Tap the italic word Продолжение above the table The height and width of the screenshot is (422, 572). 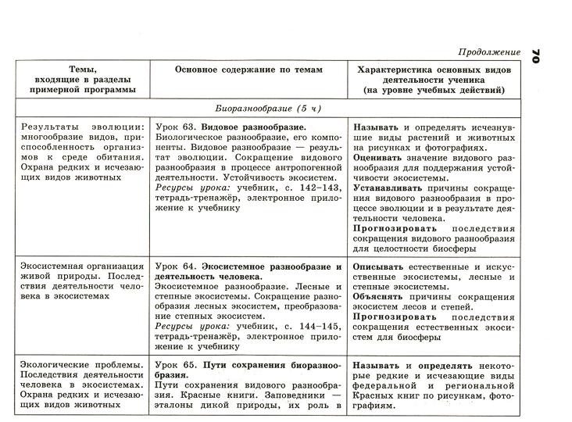pyautogui.click(x=489, y=52)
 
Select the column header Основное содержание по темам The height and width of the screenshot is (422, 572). pyautogui.click(x=248, y=70)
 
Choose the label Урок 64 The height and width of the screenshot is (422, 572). pyautogui.click(x=173, y=266)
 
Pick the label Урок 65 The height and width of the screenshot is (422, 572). pyautogui.click(x=173, y=365)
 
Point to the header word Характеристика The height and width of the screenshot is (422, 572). pyautogui.click(x=393, y=70)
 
